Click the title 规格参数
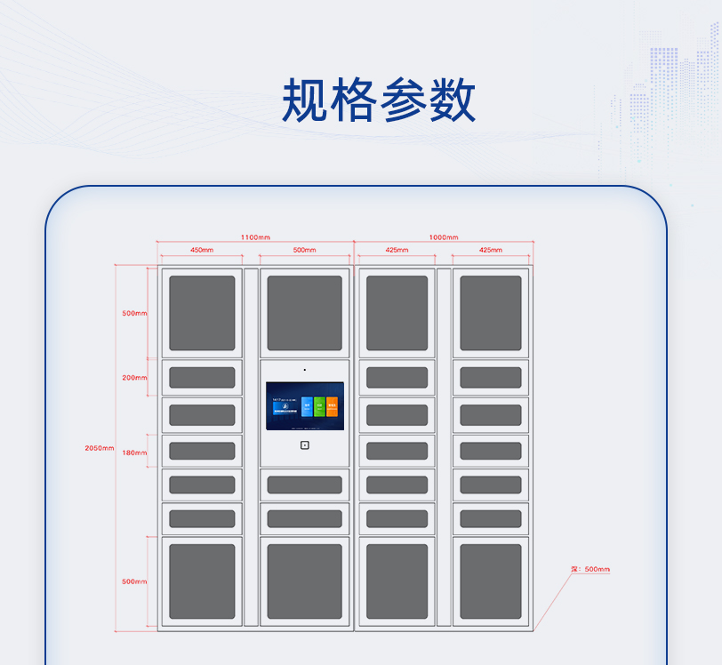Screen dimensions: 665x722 [x=379, y=100]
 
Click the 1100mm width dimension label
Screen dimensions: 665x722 [x=255, y=237]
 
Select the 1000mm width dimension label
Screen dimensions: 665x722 [x=444, y=237]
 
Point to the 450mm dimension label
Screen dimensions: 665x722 [x=202, y=250]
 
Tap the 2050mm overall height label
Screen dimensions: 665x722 [x=100, y=448]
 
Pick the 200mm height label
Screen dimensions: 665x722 [x=134, y=378]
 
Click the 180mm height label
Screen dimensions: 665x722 [x=134, y=453]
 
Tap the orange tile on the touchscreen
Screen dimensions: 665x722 [x=332, y=407]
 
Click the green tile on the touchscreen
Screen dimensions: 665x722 [x=319, y=407]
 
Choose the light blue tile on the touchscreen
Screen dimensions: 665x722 [x=307, y=407]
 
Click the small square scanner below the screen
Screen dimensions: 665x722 [x=304, y=445]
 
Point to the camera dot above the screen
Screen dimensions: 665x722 [x=304, y=370]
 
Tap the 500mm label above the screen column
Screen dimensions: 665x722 [x=304, y=250]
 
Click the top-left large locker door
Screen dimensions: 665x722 [x=202, y=313]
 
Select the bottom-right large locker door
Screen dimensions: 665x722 [x=491, y=581]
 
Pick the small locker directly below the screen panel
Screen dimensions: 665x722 [x=304, y=485]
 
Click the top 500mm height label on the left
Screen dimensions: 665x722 [x=134, y=313]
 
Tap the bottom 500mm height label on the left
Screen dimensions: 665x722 [x=134, y=581]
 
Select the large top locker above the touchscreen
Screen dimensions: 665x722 [x=304, y=313]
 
